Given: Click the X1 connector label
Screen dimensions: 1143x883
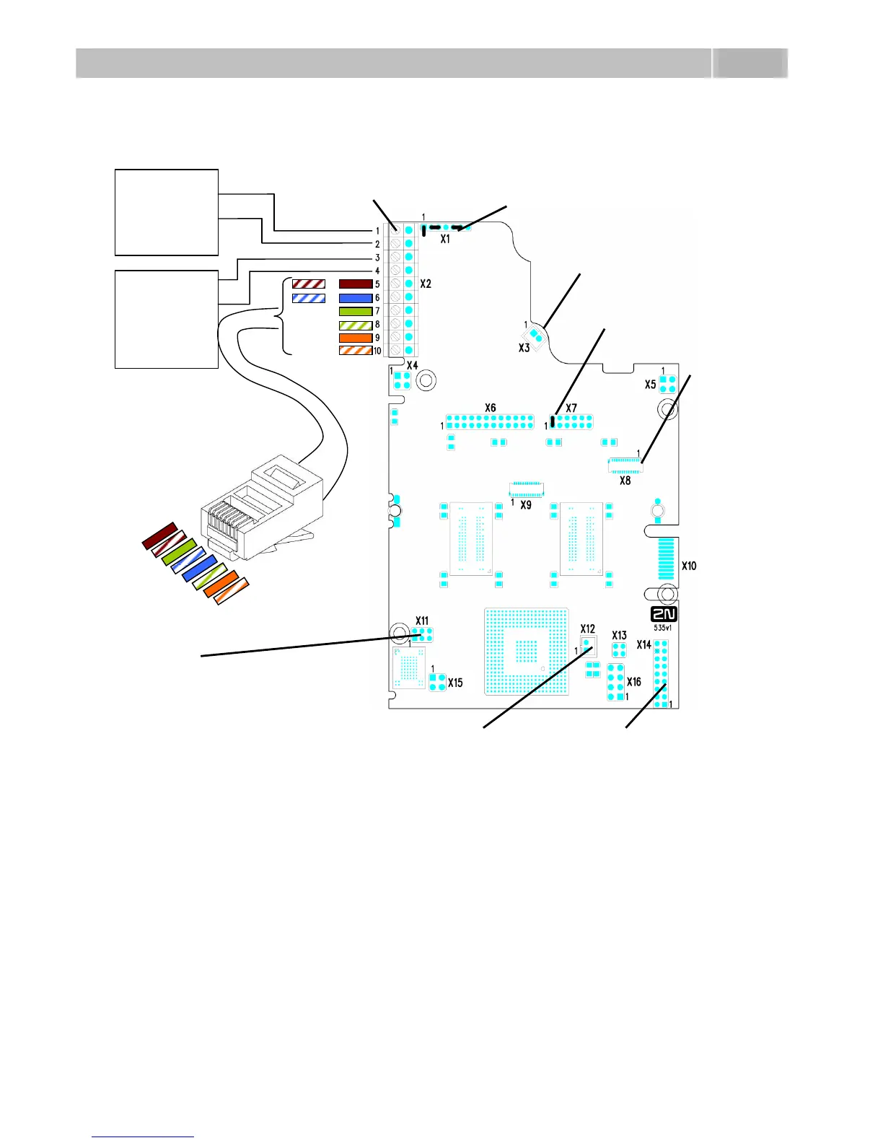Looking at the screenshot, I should (445, 239).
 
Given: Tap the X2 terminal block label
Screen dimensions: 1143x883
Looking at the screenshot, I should (426, 284).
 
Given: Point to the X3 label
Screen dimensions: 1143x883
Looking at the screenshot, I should (524, 348).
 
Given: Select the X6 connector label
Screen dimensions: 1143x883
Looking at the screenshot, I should (491, 408).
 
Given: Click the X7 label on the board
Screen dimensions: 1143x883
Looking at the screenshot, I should (571, 408).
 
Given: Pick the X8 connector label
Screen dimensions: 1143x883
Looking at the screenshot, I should (625, 480).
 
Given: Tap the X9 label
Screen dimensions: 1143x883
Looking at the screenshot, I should (526, 505).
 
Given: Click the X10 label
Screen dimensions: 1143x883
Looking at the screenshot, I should (689, 566).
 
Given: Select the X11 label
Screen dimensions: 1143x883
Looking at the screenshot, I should (422, 621).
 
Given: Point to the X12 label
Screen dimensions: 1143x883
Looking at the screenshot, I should (588, 629).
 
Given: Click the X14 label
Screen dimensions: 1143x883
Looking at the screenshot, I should (643, 644).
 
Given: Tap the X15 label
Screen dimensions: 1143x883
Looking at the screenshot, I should (455, 683).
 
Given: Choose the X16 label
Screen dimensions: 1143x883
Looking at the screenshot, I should (633, 682).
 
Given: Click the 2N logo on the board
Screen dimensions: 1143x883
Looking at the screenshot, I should (664, 614).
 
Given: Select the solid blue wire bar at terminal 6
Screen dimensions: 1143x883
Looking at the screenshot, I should (356, 298).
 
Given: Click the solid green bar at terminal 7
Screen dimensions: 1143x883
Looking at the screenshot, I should (356, 311).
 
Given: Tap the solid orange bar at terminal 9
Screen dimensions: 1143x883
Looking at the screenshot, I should (356, 338).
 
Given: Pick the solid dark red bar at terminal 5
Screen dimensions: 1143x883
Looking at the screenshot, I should (356, 284).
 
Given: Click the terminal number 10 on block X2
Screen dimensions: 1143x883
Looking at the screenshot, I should (377, 351).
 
